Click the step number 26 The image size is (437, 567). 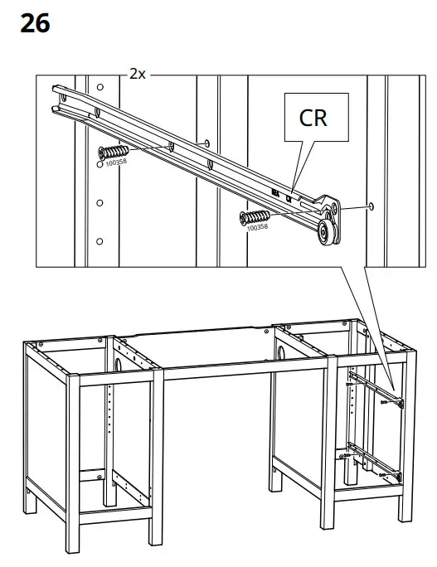tap(35, 23)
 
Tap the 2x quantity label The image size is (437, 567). tap(138, 74)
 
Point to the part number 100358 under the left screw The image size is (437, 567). tap(116, 164)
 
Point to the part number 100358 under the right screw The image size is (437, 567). tap(258, 227)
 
